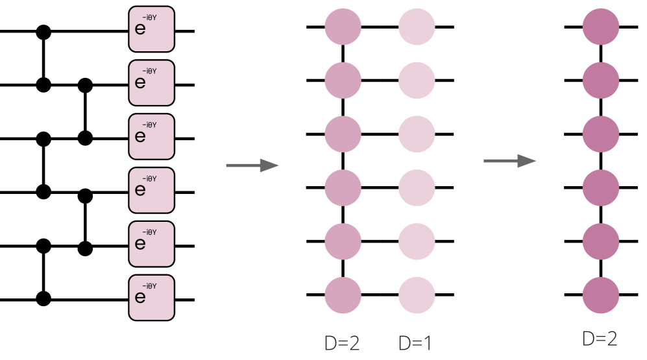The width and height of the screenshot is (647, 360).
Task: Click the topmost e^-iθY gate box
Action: (151, 29)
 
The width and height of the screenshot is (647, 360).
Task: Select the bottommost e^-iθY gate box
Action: (151, 298)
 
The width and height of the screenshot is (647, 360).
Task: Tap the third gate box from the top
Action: (151, 137)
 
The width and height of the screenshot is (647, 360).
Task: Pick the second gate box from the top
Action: (151, 83)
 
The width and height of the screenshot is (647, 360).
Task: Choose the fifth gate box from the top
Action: (151, 244)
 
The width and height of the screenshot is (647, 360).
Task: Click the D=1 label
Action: (415, 343)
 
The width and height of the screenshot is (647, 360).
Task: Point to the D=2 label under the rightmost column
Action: (599, 339)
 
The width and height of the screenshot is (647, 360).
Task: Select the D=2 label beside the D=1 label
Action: (341, 343)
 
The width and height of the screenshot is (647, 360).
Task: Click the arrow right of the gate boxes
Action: (252, 166)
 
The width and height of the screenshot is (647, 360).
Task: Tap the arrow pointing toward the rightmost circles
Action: (509, 161)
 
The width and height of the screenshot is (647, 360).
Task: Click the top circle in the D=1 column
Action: (416, 27)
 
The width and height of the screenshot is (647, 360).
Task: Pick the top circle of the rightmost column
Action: (600, 27)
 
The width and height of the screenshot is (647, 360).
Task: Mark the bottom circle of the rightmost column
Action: (600, 295)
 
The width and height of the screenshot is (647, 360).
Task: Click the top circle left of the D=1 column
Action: (343, 27)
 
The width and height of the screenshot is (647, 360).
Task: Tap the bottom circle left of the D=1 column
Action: (343, 295)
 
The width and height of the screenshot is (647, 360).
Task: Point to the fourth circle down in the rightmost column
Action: (600, 188)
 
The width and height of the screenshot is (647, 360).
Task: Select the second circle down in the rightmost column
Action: (600, 81)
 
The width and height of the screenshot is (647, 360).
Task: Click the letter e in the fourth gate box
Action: (140, 190)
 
